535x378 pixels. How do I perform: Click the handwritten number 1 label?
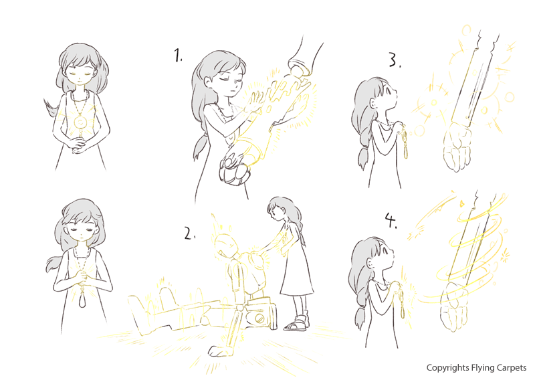click(x=178, y=56)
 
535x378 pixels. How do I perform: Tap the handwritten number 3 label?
click(x=395, y=60)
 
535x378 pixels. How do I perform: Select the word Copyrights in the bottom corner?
click(x=447, y=368)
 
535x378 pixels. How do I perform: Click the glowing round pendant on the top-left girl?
click(x=80, y=122)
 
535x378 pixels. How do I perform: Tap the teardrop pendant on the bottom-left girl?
click(x=82, y=300)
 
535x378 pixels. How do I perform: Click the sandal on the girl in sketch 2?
click(x=296, y=324)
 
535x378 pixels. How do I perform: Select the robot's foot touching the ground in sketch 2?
click(x=218, y=351)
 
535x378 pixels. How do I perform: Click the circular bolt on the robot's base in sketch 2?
click(x=259, y=318)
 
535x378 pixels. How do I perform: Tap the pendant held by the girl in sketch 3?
click(x=405, y=145)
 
